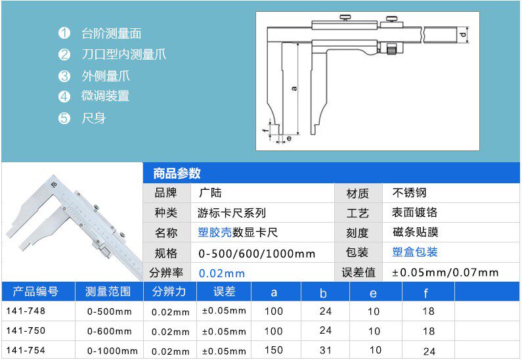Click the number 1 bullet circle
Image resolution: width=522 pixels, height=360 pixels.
(x=64, y=34)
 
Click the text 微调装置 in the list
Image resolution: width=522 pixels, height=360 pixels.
(x=105, y=96)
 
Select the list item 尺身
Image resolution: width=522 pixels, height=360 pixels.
(x=93, y=118)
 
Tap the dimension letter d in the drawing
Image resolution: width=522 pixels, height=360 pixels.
(x=464, y=34)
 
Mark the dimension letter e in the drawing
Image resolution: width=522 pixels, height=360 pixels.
(x=289, y=139)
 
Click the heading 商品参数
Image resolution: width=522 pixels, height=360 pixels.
(x=177, y=173)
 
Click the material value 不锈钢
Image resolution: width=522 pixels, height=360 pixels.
(x=409, y=193)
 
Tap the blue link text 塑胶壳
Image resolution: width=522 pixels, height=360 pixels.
(x=215, y=233)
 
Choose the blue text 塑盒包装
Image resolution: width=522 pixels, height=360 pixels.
(x=414, y=252)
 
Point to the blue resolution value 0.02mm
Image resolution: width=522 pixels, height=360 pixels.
(x=221, y=273)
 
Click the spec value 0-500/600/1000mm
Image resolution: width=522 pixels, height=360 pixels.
(x=257, y=253)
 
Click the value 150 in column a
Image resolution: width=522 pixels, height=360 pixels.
(x=274, y=351)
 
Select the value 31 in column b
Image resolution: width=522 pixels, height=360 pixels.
(x=325, y=351)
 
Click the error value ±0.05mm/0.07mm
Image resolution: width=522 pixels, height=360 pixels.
(x=445, y=273)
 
